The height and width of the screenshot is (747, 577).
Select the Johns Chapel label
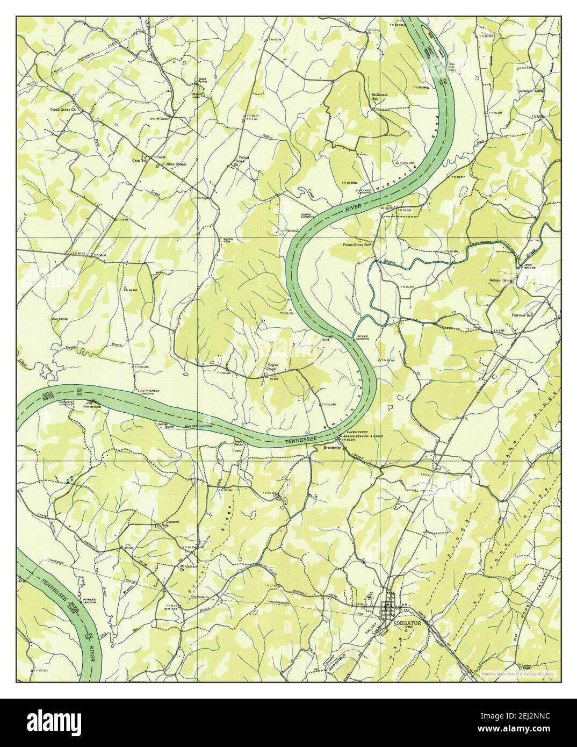tap(176, 164)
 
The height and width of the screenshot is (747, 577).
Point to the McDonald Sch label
tap(380, 97)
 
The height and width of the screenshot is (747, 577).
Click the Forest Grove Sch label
tap(358, 245)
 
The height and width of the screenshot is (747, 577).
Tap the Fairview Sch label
tap(522, 315)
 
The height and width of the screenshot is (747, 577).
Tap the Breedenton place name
tap(333, 447)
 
